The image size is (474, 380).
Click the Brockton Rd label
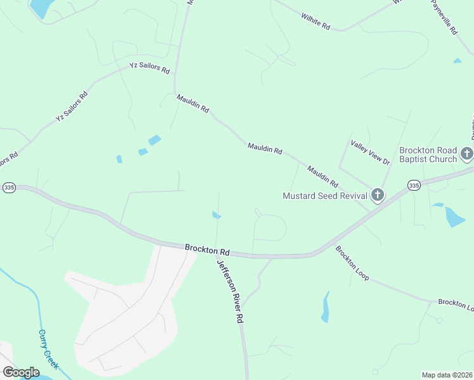[x=207, y=249]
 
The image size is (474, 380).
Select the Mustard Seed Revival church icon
[x=378, y=195]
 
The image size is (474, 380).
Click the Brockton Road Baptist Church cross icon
[x=466, y=153]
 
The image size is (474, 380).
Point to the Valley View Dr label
[x=370, y=153]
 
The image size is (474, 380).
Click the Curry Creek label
[x=48, y=349]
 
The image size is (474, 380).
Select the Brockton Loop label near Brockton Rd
[x=352, y=263]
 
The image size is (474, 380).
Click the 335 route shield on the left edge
[x=8, y=187]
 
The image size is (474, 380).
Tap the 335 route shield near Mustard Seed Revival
[x=414, y=185]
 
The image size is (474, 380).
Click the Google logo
[x=21, y=372]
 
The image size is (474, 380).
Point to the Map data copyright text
[x=447, y=375]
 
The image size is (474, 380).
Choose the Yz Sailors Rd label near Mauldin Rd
[x=150, y=67]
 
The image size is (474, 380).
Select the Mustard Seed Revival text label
[x=324, y=196]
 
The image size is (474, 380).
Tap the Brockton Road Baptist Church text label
[x=428, y=155]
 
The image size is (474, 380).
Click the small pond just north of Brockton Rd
[x=216, y=215]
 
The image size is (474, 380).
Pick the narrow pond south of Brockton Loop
[x=326, y=307]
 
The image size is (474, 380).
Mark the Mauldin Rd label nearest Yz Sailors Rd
[x=193, y=103]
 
